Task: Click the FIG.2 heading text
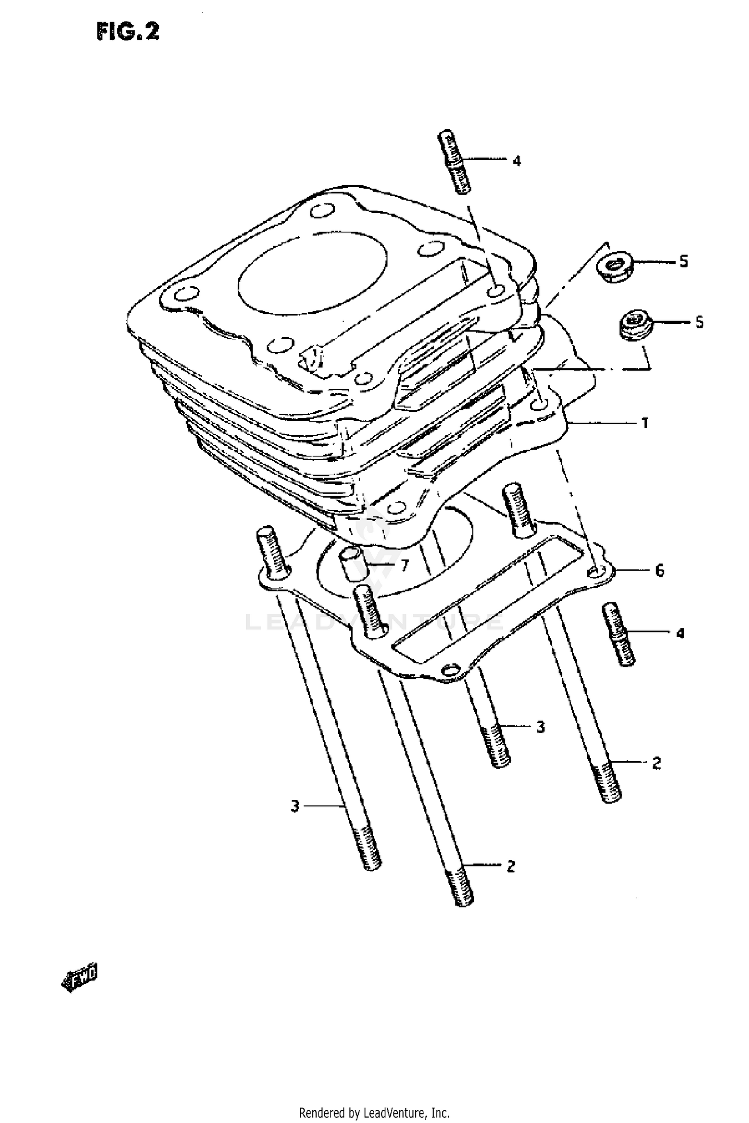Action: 128,32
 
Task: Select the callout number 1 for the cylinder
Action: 645,423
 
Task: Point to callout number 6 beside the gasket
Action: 660,570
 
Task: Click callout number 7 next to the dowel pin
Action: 404,565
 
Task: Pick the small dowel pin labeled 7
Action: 354,563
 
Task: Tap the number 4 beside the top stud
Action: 517,161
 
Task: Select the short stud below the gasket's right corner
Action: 619,634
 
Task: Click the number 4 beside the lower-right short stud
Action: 680,634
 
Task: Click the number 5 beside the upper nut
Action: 684,261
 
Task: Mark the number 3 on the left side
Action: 295,806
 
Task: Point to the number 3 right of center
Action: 541,727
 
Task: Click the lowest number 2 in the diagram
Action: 510,866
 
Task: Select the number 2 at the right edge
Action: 656,763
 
